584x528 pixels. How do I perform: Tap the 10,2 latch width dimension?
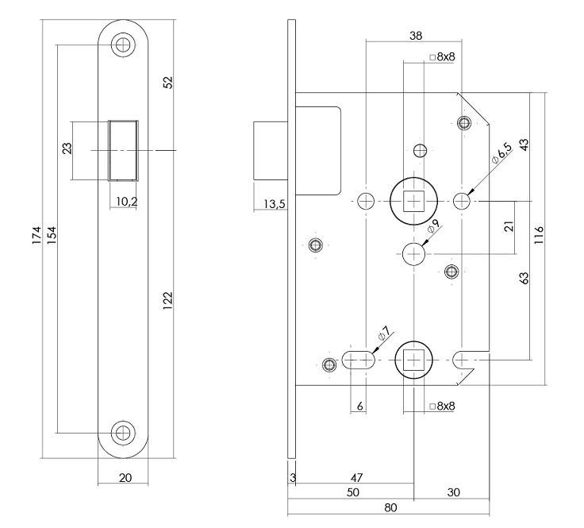(125, 202)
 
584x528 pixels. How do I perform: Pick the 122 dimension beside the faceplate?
(167, 299)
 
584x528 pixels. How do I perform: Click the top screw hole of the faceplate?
(122, 44)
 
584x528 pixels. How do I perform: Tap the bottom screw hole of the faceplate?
(122, 433)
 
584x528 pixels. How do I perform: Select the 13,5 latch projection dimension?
(274, 205)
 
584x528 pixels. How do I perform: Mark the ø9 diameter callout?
(433, 228)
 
